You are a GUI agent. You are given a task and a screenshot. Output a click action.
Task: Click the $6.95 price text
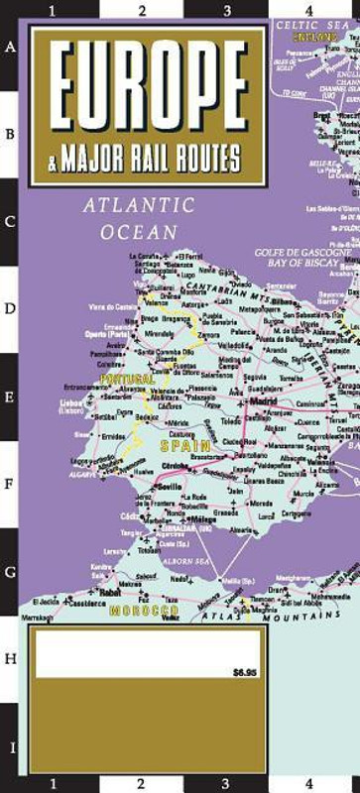point(244,673)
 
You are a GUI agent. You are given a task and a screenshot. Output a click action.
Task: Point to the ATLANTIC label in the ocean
point(139,206)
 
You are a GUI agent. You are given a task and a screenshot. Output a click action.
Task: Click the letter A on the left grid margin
point(11,47)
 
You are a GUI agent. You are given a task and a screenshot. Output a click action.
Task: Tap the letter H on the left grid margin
point(11,658)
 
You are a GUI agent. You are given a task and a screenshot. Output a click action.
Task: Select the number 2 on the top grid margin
point(142,11)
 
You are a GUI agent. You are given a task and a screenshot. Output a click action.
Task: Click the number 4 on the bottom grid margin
point(310,785)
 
